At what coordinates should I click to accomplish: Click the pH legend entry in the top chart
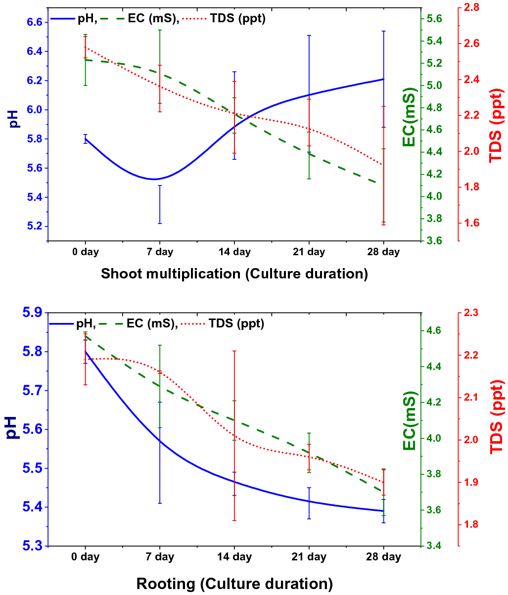tap(87, 19)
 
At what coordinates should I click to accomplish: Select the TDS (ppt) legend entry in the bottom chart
tap(236, 324)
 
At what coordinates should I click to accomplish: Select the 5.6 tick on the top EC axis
tap(433, 19)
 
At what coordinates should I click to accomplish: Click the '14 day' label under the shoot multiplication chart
tap(234, 252)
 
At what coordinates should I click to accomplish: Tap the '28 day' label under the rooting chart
tap(383, 557)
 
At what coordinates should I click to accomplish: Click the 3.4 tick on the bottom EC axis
tap(433, 546)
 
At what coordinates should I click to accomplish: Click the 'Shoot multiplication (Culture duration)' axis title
tap(234, 274)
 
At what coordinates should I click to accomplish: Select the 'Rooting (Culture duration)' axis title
tap(234, 584)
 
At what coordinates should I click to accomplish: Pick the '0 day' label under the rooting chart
tap(86, 557)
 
